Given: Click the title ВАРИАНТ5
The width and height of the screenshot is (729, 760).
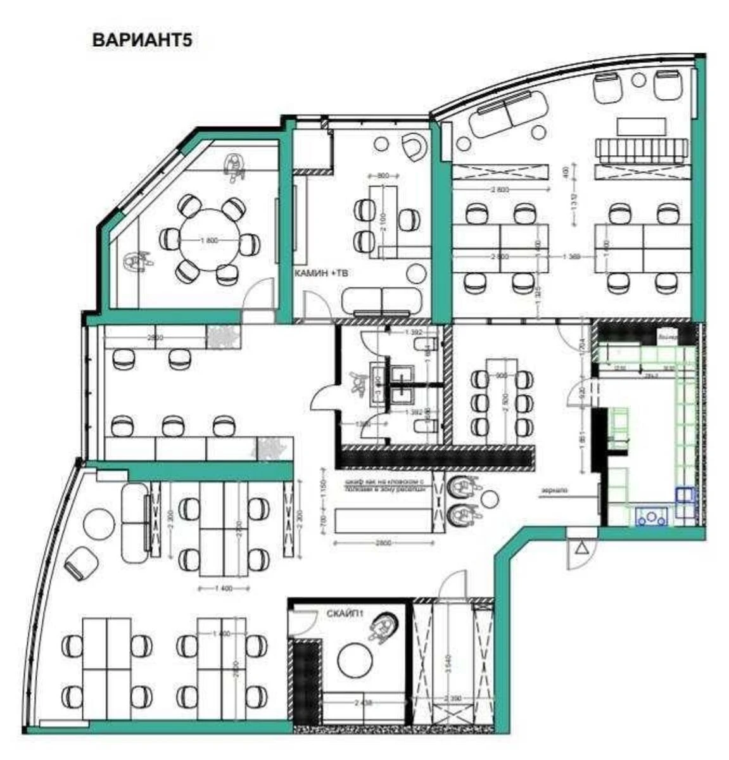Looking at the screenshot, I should tap(142, 40).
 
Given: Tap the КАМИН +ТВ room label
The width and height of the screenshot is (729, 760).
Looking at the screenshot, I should tap(321, 273).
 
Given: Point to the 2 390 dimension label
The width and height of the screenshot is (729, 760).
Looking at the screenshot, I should tap(452, 699).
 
